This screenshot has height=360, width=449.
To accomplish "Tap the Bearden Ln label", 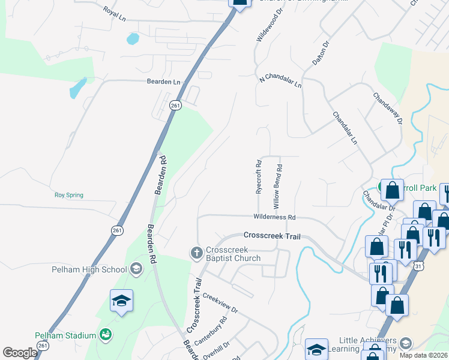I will (163, 82).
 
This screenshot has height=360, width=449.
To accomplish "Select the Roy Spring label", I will (69, 195).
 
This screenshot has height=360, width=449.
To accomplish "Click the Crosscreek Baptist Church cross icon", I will (196, 253).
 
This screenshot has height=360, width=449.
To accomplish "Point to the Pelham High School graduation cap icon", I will (136, 269).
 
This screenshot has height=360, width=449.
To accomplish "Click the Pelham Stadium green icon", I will (106, 335).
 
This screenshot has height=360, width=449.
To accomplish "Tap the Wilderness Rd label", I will (275, 217).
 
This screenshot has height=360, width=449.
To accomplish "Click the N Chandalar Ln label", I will (280, 82).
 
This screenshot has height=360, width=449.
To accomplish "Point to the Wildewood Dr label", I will (265, 27).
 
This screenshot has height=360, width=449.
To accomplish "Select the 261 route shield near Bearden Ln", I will (175, 105).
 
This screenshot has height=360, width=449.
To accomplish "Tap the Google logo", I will (20, 353).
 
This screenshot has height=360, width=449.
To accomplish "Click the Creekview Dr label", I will (220, 303).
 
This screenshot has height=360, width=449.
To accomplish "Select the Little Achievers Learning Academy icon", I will (406, 343).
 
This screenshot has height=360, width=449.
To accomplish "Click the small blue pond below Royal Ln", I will (133, 40).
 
